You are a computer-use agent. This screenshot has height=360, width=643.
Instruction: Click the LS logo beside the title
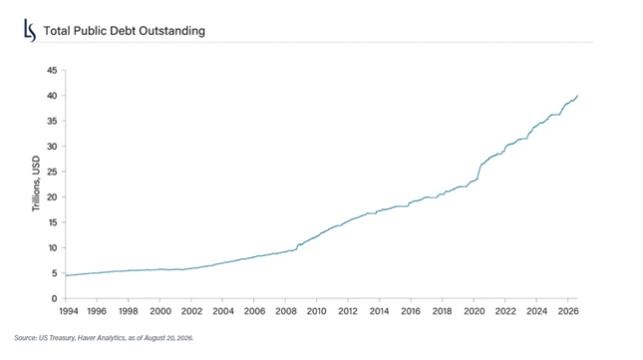[30, 30]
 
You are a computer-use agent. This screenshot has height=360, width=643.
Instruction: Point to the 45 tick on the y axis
[52, 71]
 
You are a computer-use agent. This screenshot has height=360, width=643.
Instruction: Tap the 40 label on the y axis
[52, 96]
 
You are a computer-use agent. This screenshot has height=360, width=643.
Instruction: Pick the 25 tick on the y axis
[52, 172]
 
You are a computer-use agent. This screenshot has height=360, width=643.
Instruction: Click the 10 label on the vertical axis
[52, 248]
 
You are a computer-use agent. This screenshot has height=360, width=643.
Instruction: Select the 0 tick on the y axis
[54, 299]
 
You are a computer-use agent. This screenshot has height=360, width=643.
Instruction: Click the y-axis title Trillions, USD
[36, 183]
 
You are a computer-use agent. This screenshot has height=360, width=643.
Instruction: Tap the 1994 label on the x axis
[69, 311]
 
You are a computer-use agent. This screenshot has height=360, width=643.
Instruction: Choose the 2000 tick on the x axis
[161, 311]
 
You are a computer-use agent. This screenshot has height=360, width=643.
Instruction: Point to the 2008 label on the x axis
[286, 311]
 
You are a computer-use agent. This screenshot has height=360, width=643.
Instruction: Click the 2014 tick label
[380, 311]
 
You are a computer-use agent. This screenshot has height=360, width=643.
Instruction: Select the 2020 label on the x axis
[475, 311]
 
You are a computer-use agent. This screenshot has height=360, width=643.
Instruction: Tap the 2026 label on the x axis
[568, 311]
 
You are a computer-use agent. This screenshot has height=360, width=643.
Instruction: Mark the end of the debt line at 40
[578, 96]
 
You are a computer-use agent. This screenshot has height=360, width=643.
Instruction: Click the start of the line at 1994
[66, 275]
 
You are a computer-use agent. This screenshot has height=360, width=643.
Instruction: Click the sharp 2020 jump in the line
[479, 172]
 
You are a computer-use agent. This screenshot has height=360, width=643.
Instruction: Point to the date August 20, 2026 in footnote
[168, 338]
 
